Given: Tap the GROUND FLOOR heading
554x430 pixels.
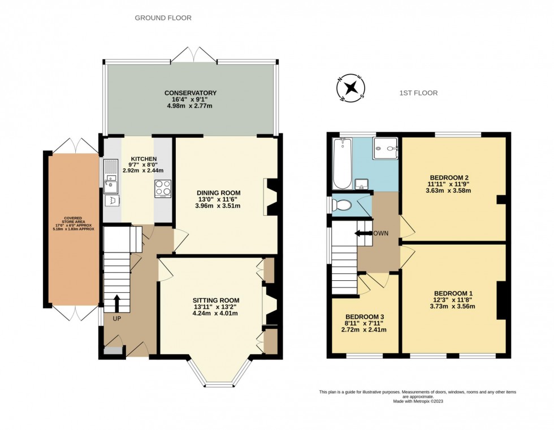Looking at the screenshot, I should click(x=163, y=18).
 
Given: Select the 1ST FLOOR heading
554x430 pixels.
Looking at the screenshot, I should click(x=417, y=93).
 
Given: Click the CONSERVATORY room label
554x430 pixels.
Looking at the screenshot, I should click(x=191, y=93).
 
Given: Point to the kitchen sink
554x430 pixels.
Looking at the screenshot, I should click(x=111, y=183).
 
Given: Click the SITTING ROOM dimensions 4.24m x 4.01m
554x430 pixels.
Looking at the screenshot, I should click(x=216, y=315).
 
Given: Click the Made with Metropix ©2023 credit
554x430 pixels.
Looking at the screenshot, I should click(x=417, y=402).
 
